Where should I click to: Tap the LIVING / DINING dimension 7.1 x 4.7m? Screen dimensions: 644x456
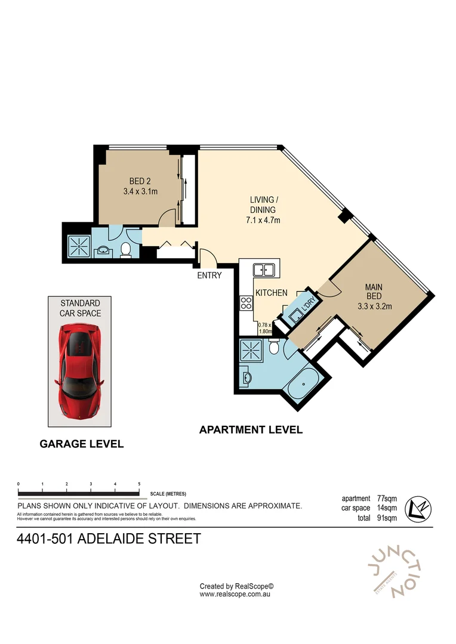pyautogui.click(x=263, y=220)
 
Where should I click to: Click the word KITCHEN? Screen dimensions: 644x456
pyautogui.click(x=272, y=293)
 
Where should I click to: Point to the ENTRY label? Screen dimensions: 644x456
pyautogui.click(x=209, y=275)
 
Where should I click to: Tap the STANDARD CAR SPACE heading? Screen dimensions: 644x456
pyautogui.click(x=80, y=308)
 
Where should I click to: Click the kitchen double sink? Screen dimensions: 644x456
pyautogui.click(x=263, y=270)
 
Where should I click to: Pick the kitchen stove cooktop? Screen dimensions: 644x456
pyautogui.click(x=245, y=303)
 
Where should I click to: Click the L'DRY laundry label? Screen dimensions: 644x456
pyautogui.click(x=309, y=304)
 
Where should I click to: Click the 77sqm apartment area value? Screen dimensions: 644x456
pyautogui.click(x=387, y=499)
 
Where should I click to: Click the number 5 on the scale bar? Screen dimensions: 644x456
pyautogui.click(x=139, y=484)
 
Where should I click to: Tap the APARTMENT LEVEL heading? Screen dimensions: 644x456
pyautogui.click(x=251, y=429)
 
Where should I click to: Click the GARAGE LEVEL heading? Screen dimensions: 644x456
pyautogui.click(x=81, y=444)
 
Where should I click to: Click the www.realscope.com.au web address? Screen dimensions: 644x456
pyautogui.click(x=236, y=594)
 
